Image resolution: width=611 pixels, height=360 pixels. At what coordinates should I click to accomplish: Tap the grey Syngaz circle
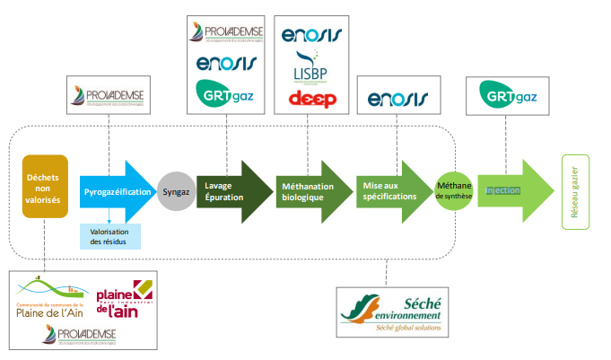tap(176, 190)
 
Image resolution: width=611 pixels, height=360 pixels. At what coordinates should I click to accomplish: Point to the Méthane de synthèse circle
tap(453, 190)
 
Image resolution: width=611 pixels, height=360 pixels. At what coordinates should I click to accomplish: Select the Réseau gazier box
tap(574, 191)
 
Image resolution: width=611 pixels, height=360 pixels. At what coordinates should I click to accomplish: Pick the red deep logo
tap(311, 98)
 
